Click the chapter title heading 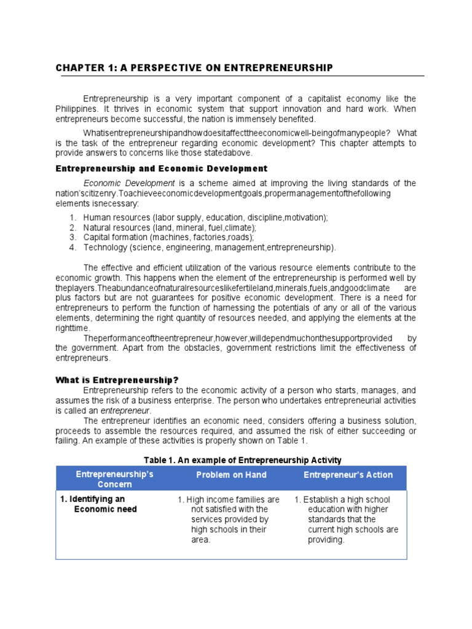click(x=194, y=68)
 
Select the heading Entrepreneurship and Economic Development click(x=162, y=168)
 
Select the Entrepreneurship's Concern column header click(x=114, y=480)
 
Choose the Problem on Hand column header click(x=231, y=475)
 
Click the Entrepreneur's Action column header click(x=348, y=475)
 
